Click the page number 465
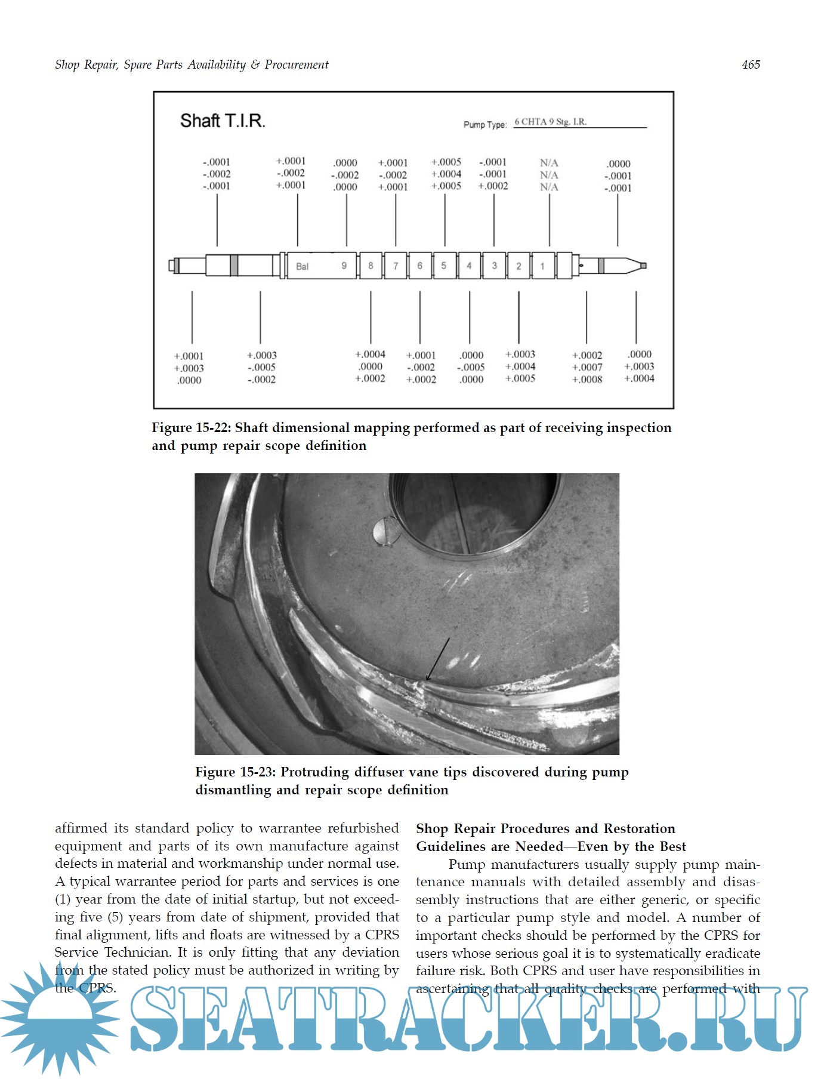click(x=751, y=64)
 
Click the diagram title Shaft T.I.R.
click(x=223, y=121)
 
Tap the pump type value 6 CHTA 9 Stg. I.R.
click(x=550, y=122)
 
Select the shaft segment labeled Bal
click(x=303, y=266)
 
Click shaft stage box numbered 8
click(x=371, y=266)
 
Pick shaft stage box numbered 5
click(x=444, y=266)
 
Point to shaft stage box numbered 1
click(x=542, y=266)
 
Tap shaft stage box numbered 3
click(x=494, y=266)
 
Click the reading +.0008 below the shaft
click(x=587, y=380)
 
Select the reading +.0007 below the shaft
click(x=587, y=368)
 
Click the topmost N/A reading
click(x=549, y=163)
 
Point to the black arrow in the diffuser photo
click(x=438, y=659)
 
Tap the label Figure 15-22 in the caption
click(x=190, y=428)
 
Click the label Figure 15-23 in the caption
click(x=234, y=772)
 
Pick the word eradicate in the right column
click(x=731, y=953)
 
